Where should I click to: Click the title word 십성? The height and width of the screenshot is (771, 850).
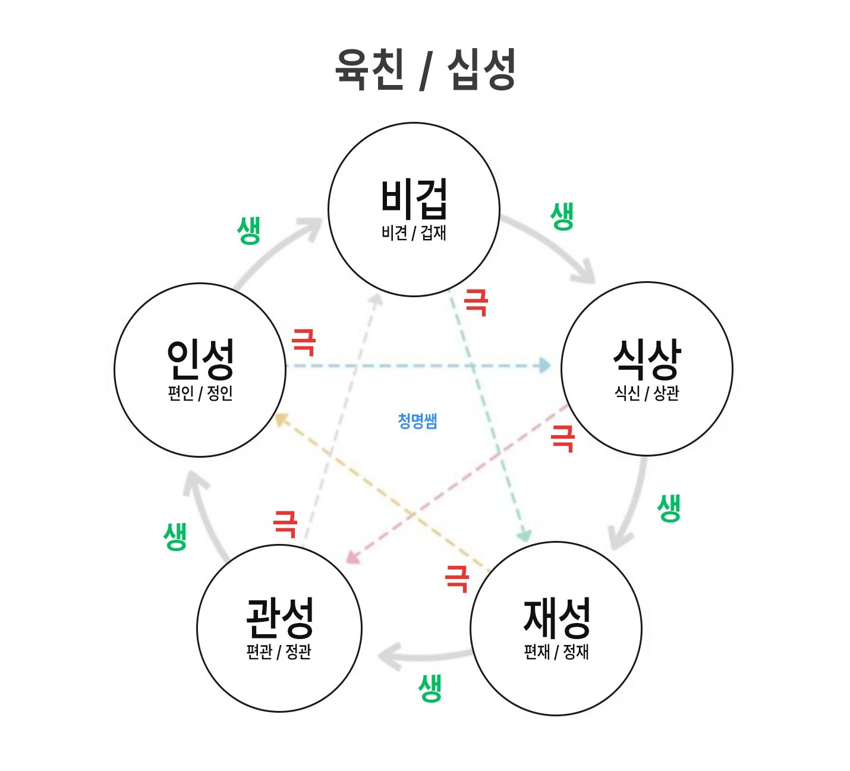481,69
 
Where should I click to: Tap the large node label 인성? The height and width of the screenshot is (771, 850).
200,359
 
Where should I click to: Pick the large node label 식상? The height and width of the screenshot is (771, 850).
647,360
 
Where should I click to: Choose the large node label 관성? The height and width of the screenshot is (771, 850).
279,618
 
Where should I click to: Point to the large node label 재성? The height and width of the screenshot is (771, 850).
557,619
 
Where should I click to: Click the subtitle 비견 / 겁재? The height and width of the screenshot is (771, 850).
414,232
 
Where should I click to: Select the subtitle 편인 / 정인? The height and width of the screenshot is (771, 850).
200,393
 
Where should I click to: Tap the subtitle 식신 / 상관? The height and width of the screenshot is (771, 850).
647,394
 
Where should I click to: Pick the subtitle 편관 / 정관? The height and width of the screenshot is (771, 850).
279,652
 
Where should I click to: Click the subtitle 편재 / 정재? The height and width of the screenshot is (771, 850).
556,652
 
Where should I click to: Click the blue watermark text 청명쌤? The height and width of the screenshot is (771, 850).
417,421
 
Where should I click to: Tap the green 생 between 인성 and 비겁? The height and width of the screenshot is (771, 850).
248,231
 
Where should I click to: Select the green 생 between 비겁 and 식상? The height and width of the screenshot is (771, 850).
562,216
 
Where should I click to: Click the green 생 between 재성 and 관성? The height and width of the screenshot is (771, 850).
430,688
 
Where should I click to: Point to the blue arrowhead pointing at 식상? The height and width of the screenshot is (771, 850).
544,366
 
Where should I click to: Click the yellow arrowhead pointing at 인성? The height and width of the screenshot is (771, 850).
281,420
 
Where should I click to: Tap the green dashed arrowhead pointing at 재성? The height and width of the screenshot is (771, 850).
525,537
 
